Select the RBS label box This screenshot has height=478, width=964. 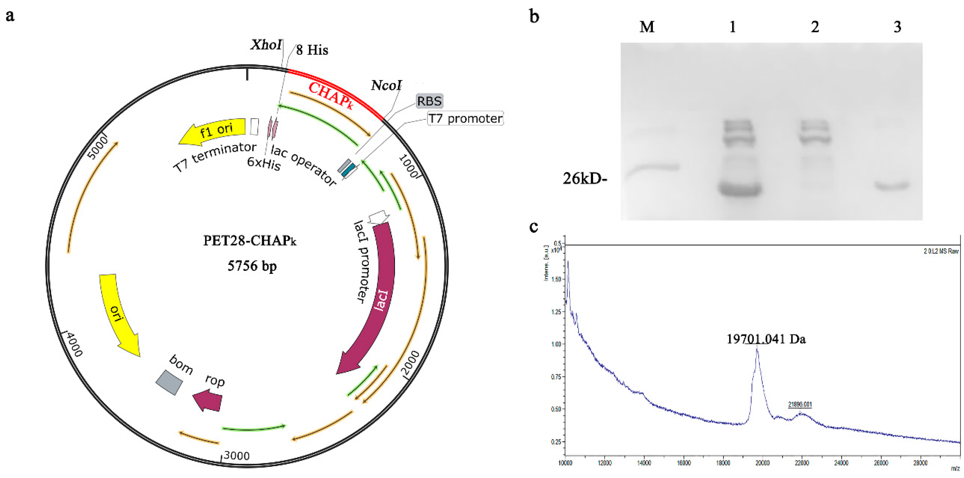click(x=429, y=101)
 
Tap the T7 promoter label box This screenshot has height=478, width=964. click(x=465, y=118)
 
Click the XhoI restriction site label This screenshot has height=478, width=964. click(x=266, y=45)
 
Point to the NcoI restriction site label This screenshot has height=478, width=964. click(x=386, y=85)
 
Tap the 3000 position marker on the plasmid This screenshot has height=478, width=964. click(x=236, y=456)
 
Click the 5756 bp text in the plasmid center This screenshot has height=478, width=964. click(x=252, y=266)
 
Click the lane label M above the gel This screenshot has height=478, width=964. click(x=647, y=27)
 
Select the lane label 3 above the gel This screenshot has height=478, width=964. click(x=897, y=27)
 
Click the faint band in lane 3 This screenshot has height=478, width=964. click(x=892, y=185)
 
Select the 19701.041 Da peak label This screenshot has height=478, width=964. click(x=766, y=339)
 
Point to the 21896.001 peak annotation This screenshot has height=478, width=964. click(x=800, y=404)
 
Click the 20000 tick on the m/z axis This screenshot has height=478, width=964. click(x=762, y=463)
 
